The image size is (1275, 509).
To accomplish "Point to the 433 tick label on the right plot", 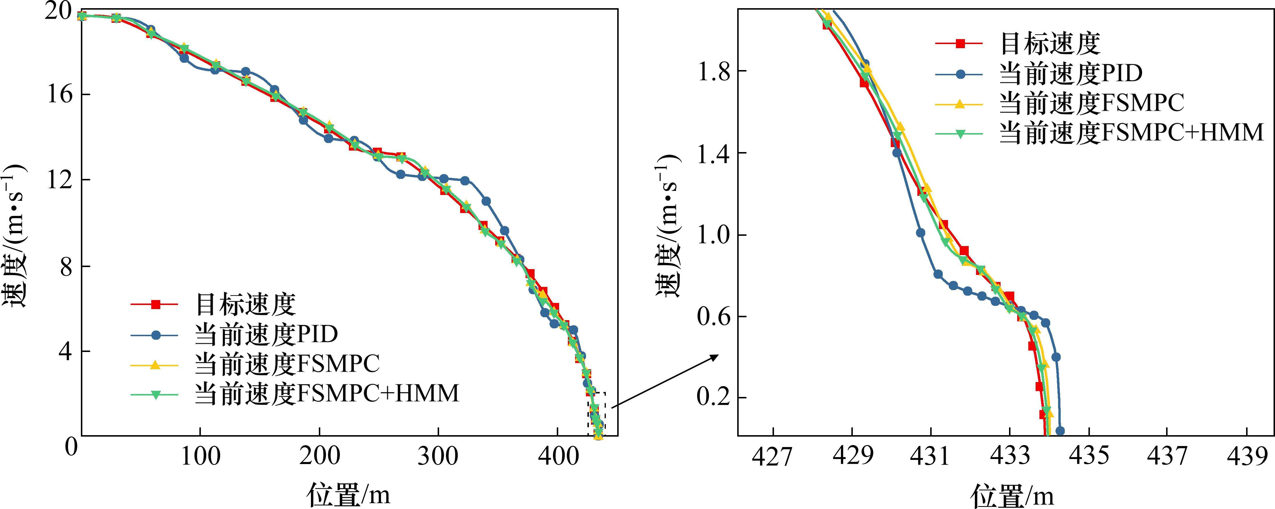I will [1010, 456].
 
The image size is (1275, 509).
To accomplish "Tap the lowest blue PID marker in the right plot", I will [1060, 431].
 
